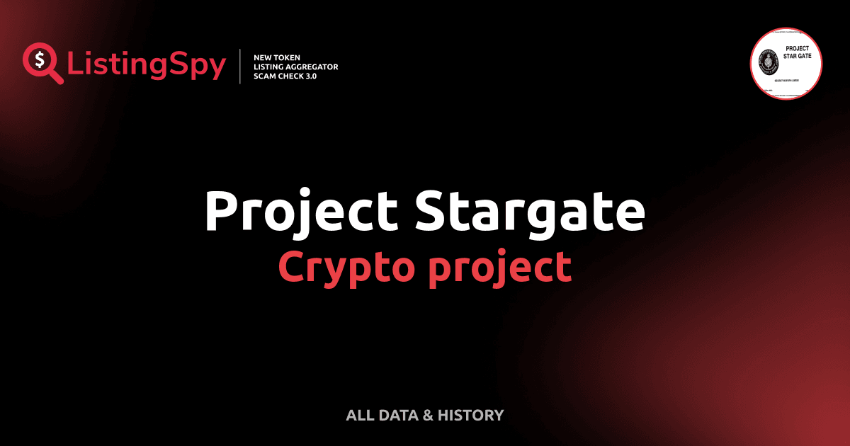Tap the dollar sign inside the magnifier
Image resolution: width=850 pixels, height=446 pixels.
[x=38, y=59]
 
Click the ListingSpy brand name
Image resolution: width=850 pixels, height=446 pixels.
[x=147, y=65]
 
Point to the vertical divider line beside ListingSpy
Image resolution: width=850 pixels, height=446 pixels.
[x=242, y=66]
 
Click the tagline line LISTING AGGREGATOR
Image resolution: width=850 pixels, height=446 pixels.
[x=295, y=67]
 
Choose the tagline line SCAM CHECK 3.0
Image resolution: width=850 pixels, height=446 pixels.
[x=285, y=76]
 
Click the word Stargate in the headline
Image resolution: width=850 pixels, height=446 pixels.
[x=529, y=211]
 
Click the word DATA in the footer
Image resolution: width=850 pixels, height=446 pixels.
[x=397, y=416]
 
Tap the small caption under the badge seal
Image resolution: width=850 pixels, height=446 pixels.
[x=786, y=83]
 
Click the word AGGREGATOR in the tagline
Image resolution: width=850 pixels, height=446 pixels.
[x=312, y=67]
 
